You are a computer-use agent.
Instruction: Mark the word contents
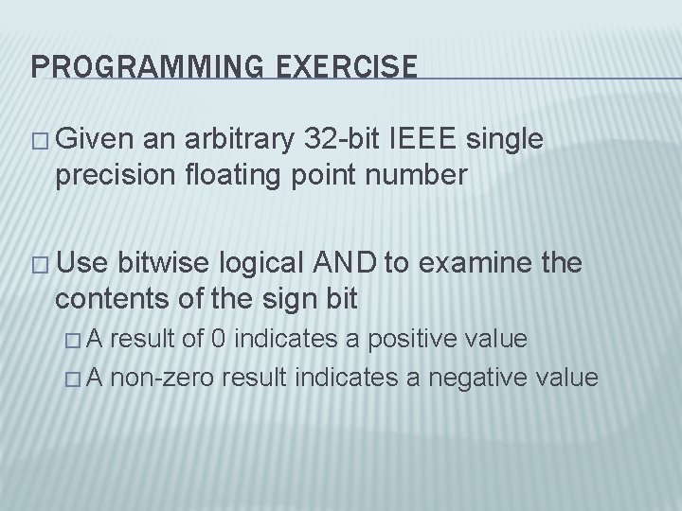110,301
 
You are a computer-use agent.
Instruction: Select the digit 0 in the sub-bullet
243,340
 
